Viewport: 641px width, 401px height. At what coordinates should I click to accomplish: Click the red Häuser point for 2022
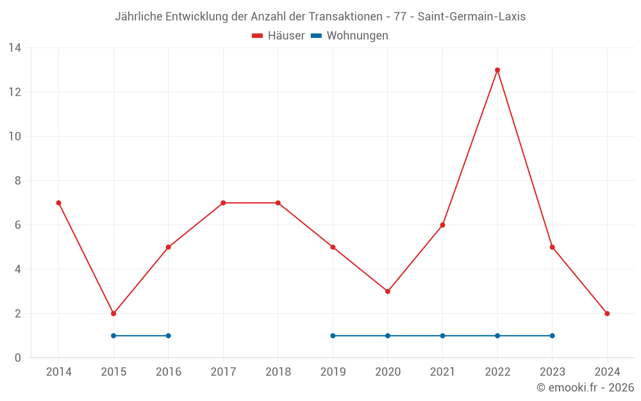[x=497, y=70]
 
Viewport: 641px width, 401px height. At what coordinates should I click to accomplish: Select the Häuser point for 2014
[x=59, y=203]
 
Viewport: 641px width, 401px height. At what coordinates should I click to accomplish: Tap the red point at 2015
[x=113, y=314]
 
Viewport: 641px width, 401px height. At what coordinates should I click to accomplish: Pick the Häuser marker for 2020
[x=388, y=291]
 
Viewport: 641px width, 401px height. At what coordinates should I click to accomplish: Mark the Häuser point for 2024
[x=607, y=314]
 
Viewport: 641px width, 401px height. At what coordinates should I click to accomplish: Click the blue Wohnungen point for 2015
[x=113, y=336]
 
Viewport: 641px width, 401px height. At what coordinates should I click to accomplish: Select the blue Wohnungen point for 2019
[x=333, y=336]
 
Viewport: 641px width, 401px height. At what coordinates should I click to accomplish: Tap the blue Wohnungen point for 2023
[x=552, y=336]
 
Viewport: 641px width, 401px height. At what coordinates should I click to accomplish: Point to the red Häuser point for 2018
[x=278, y=203]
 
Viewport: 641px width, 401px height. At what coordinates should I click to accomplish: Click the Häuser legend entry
[x=279, y=36]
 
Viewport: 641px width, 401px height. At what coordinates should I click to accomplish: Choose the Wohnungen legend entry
[x=350, y=36]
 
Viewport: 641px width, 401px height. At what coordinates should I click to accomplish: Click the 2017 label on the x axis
[x=223, y=371]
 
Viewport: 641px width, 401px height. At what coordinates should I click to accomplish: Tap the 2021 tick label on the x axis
[x=442, y=371]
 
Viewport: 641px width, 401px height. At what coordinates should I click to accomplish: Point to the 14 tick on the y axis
[x=15, y=48]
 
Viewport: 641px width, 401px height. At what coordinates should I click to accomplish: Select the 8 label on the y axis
[x=18, y=181]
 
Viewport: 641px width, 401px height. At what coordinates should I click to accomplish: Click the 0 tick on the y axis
[x=18, y=358]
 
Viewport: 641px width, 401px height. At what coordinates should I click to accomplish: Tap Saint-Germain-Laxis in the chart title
[x=471, y=17]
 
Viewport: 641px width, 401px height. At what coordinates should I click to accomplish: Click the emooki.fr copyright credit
[x=585, y=388]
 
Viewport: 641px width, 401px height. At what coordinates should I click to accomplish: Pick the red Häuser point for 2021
[x=442, y=225]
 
